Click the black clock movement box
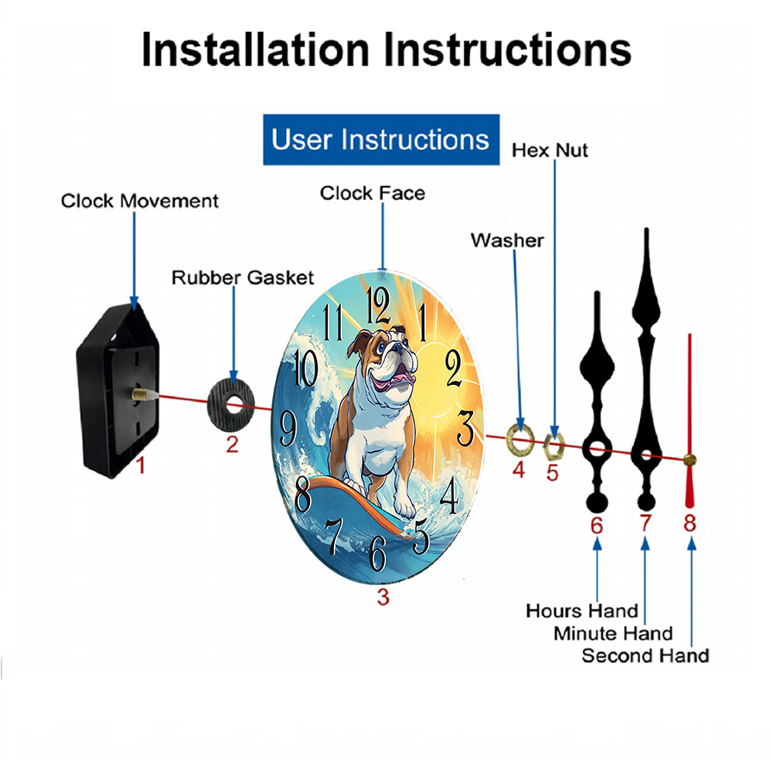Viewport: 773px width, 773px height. (x=117, y=390)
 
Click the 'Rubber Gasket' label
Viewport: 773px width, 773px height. (x=243, y=278)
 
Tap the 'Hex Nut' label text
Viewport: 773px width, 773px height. (x=550, y=151)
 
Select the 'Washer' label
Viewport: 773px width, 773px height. (x=507, y=240)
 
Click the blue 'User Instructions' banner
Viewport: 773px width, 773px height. (x=381, y=139)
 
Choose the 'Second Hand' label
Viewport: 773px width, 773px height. (x=645, y=656)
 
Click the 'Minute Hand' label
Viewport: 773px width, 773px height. (x=613, y=634)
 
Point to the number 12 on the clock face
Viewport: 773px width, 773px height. (x=378, y=305)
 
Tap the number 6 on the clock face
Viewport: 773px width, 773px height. (x=378, y=553)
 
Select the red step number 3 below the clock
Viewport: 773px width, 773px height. (x=383, y=597)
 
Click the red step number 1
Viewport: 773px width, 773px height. (x=141, y=465)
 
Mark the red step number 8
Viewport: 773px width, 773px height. (x=690, y=523)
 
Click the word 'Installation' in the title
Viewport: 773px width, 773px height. (x=255, y=49)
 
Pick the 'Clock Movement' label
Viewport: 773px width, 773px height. (x=139, y=201)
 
